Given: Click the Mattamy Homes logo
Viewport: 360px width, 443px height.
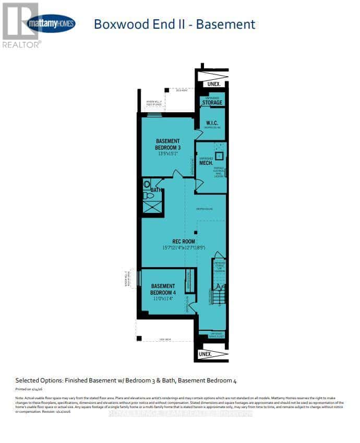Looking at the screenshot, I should point(51,23).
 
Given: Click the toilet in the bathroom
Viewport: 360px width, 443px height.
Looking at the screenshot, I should point(146,184).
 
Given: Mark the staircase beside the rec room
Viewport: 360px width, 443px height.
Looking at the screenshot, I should point(219,297).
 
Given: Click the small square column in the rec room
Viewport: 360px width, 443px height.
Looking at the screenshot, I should point(195,232).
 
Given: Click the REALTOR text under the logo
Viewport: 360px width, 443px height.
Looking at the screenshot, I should point(20,45).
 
